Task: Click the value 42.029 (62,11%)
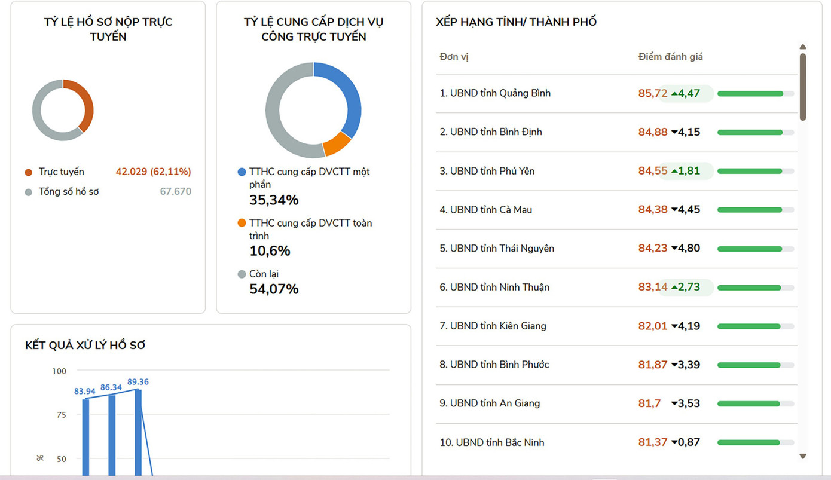coord(153,172)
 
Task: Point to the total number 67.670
coord(176,192)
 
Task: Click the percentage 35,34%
coord(274,200)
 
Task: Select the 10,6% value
coord(270,251)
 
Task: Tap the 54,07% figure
coord(274,289)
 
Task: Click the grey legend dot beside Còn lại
coord(242,274)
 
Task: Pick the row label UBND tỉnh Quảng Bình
coord(495,93)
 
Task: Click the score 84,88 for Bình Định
coord(652,132)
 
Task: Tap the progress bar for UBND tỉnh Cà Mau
coord(755,210)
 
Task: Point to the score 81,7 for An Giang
coord(649,403)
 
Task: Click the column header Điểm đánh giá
coord(670,57)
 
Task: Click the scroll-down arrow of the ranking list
coord(803,456)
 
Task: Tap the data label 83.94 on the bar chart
coord(85,392)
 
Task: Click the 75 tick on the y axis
coord(61,415)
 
